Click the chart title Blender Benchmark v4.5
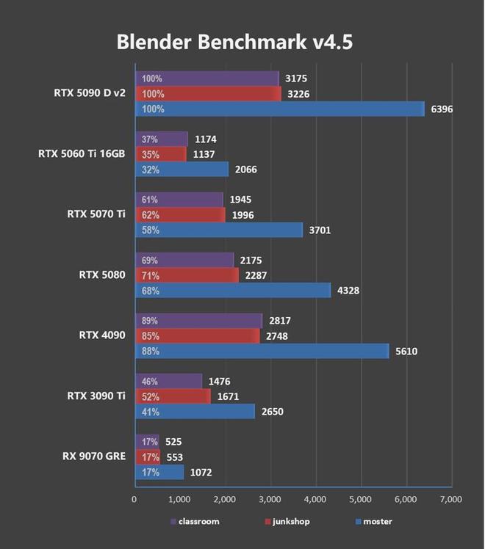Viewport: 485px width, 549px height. [x=234, y=42]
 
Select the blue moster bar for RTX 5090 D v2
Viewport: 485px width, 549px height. [x=279, y=109]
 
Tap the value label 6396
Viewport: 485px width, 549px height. [x=444, y=109]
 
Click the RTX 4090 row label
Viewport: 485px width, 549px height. [x=102, y=335]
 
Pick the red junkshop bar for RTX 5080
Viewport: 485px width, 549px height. [x=187, y=276]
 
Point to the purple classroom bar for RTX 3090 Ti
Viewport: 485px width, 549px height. [x=168, y=381]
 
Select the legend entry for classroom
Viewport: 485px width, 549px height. [x=195, y=522]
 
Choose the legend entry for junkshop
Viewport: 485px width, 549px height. [x=287, y=522]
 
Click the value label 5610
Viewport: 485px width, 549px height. [x=406, y=352]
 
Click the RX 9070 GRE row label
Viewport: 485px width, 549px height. [x=93, y=456]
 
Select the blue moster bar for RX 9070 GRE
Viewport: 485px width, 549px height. [x=159, y=472]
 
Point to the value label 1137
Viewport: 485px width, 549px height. [x=204, y=154]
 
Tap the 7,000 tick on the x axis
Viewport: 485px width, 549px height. [x=450, y=499]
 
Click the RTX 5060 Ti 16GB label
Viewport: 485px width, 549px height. [x=82, y=154]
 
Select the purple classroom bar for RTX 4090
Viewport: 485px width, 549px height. [x=198, y=321]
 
